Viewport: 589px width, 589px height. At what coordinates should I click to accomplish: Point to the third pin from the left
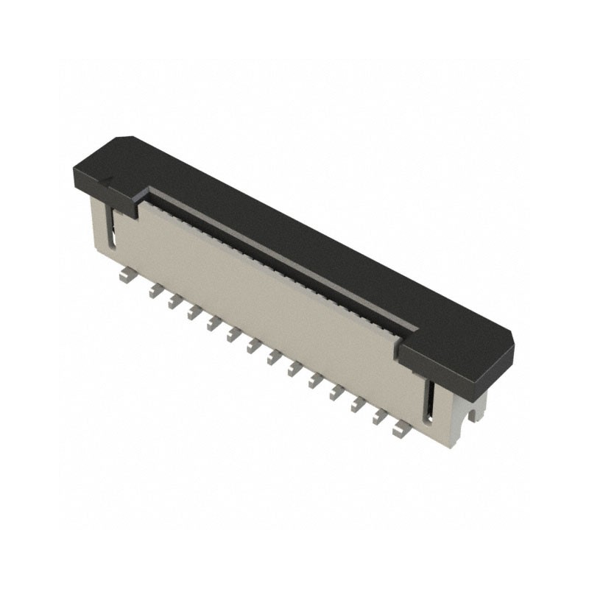(174, 302)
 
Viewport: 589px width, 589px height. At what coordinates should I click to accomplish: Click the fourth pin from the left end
(194, 313)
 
